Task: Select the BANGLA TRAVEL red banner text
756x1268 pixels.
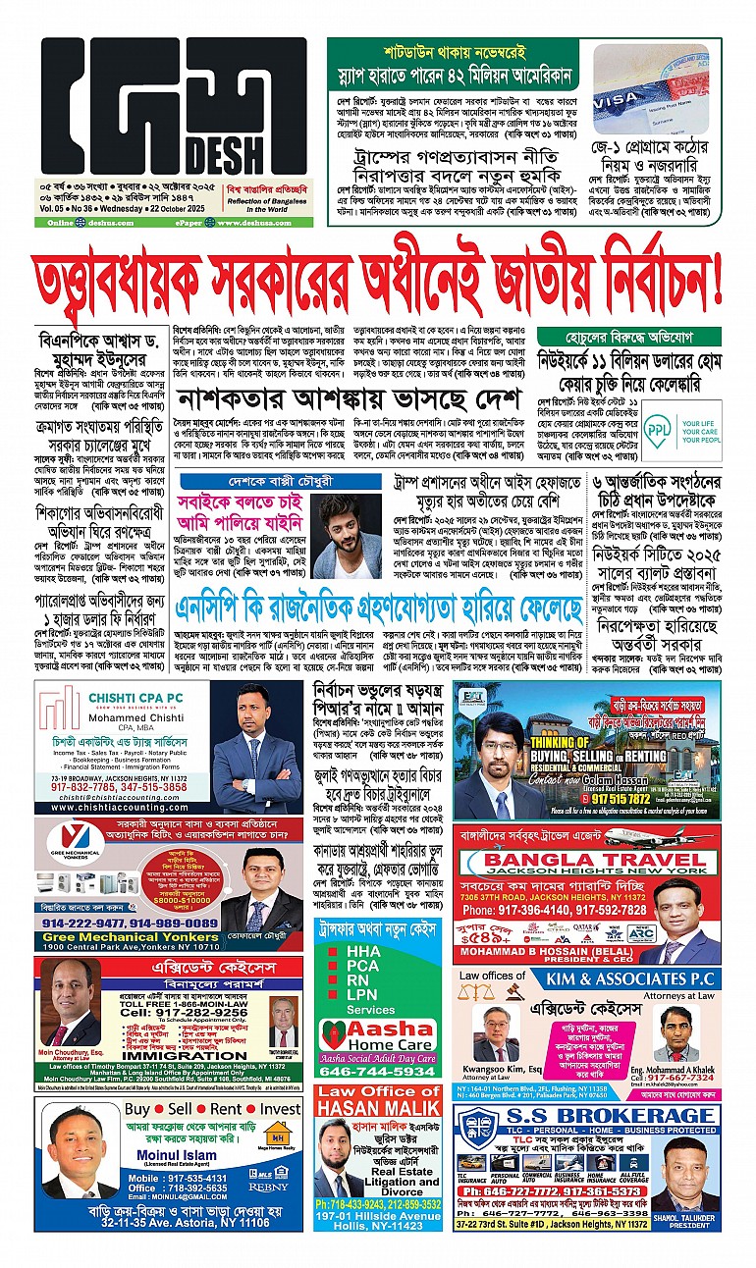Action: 583,864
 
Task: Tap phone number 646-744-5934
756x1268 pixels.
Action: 378,1072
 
